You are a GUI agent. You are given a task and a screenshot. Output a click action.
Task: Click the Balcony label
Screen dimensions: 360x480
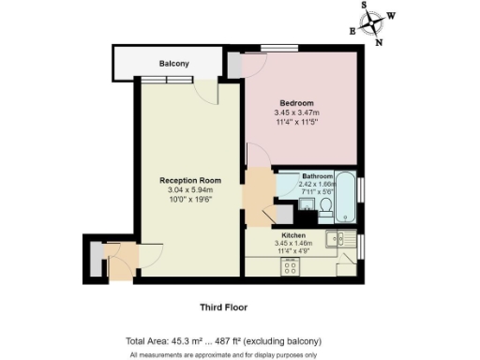click(174, 64)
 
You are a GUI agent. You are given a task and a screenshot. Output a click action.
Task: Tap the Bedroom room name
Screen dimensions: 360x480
click(296, 102)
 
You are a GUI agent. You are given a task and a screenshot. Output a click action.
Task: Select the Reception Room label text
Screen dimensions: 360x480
click(189, 180)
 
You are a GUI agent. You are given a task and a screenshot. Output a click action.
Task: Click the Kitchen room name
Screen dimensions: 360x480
click(293, 235)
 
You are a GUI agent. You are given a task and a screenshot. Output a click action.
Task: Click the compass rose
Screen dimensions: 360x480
click(373, 22)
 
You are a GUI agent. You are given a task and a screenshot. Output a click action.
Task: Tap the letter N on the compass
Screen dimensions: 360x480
click(379, 41)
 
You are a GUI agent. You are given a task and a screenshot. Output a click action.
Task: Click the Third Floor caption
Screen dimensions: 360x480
click(224, 307)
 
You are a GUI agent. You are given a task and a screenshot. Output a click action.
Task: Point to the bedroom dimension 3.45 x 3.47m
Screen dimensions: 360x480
click(296, 112)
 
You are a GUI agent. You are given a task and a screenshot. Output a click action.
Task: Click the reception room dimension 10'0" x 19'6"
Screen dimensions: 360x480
click(189, 200)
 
